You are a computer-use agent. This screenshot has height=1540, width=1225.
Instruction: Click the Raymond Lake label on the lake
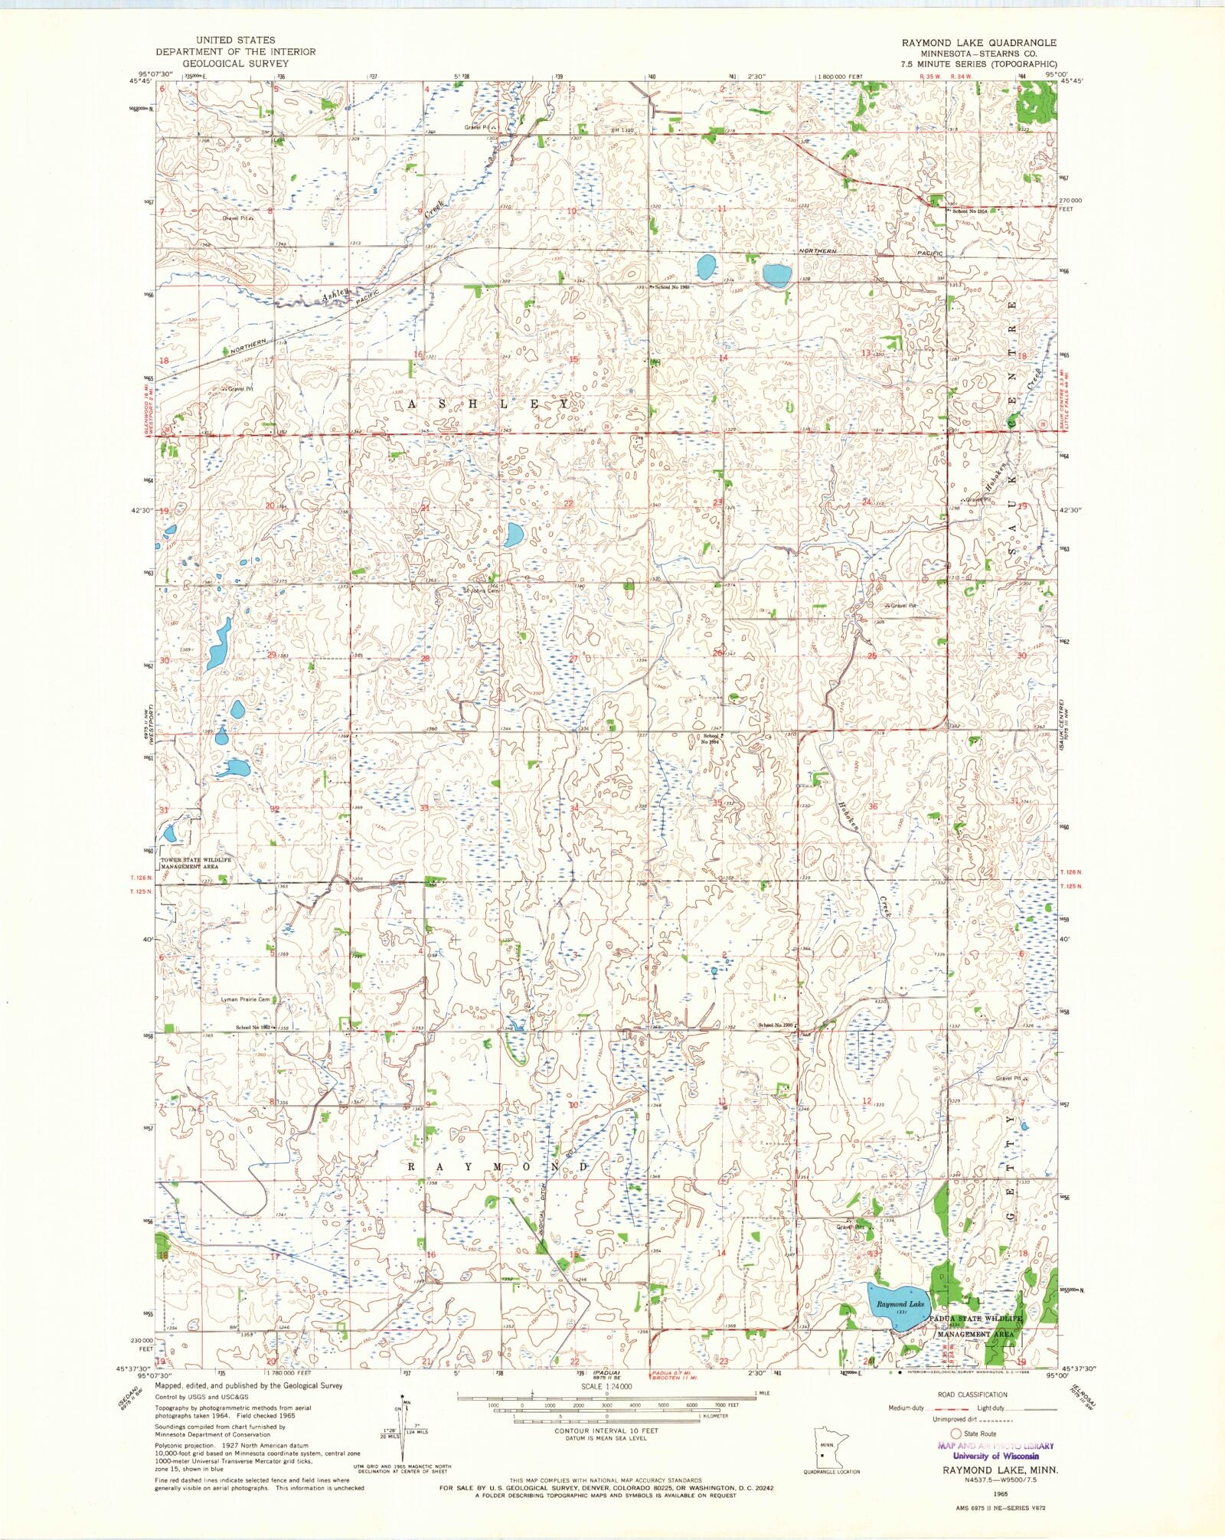[x=900, y=1303]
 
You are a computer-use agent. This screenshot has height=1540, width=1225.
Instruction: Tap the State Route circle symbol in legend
[x=955, y=1433]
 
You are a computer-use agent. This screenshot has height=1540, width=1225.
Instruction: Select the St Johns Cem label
[x=481, y=590]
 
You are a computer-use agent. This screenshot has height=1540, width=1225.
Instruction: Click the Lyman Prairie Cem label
[x=245, y=999]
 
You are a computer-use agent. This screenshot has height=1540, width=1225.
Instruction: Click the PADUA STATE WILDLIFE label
[x=976, y=1319]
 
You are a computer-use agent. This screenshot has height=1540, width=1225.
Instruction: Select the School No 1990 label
[x=776, y=1025]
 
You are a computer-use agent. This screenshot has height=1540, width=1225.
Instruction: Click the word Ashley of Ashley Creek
[x=335, y=294]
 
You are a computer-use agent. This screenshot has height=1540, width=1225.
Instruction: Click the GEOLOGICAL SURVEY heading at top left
[x=236, y=64]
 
